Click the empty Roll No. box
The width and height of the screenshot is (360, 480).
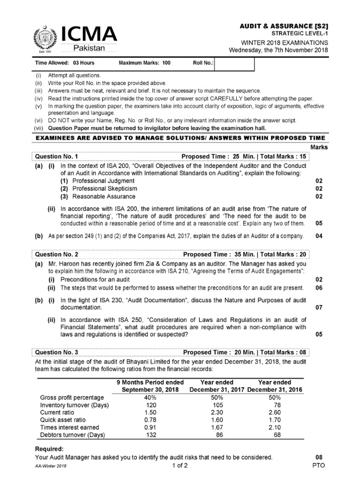pos(234,62)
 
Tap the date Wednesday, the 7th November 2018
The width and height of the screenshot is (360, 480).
pos(278,51)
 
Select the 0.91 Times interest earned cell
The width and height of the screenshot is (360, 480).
pos(150,427)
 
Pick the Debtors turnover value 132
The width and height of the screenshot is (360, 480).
pos(150,435)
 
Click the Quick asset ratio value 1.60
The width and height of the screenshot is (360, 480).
pos(216,420)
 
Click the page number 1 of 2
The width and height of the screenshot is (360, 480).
pos(180,466)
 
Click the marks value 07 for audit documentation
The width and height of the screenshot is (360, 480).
pos(319,308)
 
